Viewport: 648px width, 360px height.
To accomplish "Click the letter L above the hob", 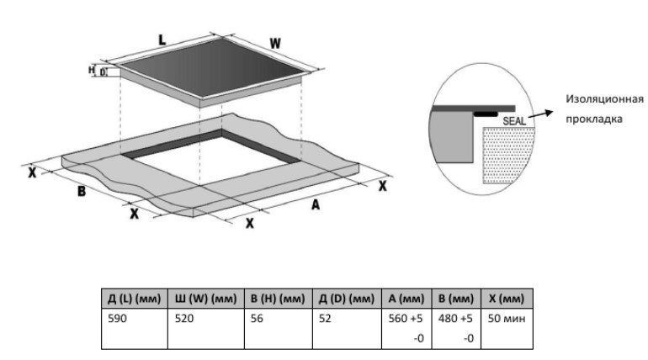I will [x=162, y=39].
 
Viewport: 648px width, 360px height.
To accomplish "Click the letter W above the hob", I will [x=274, y=43].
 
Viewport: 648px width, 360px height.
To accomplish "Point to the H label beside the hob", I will [x=92, y=70].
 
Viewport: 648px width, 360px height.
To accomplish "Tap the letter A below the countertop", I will [x=316, y=204].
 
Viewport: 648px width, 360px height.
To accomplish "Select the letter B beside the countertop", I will [x=82, y=192].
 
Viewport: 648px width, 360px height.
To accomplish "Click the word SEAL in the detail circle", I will [x=513, y=120].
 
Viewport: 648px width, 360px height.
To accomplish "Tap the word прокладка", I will [x=594, y=119].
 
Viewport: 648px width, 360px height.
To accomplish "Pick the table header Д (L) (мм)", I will [x=134, y=299].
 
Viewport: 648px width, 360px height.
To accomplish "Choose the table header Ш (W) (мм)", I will [x=205, y=299].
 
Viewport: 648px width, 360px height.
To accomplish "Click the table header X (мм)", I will [x=506, y=299].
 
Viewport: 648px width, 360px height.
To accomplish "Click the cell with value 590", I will [x=119, y=320].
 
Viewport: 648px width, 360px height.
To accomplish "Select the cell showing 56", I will [x=258, y=320].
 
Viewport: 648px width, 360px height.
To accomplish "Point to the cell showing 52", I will [x=326, y=320].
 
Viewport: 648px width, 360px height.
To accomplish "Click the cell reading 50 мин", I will [x=506, y=320].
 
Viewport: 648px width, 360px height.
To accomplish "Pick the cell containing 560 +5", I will [x=407, y=320].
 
